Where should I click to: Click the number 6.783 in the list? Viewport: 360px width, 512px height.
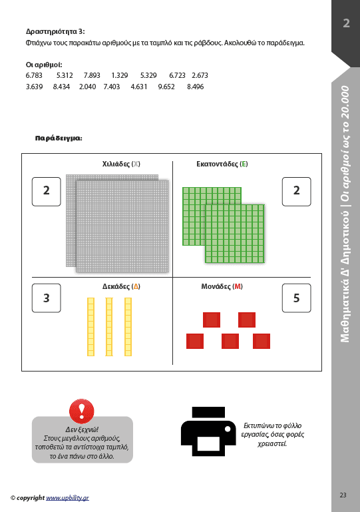[34, 75]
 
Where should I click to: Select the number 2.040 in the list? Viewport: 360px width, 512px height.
[87, 87]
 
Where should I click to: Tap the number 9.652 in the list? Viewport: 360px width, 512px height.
[166, 87]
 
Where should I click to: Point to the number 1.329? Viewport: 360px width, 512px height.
[120, 75]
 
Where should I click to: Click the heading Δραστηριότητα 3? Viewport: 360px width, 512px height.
[55, 31]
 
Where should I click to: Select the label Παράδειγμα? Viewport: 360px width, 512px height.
[59, 138]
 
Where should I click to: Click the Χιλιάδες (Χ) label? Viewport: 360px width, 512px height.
[121, 164]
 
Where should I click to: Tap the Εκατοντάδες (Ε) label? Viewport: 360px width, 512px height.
[222, 164]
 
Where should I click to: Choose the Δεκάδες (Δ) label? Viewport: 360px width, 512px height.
[121, 286]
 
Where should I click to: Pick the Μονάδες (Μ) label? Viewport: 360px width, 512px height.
[222, 286]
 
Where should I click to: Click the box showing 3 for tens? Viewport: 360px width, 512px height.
[47, 298]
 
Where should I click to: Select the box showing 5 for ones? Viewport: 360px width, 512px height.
[296, 298]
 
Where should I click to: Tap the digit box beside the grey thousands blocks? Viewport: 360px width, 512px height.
[47, 192]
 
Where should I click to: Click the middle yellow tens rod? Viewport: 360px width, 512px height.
[109, 326]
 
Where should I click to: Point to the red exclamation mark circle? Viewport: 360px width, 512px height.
[82, 411]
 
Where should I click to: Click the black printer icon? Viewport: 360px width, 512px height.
[208, 431]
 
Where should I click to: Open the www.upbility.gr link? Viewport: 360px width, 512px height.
[67, 498]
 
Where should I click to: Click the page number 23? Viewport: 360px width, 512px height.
[343, 495]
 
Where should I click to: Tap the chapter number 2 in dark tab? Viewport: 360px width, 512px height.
[346, 23]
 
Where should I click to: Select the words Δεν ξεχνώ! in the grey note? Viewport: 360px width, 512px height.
[82, 429]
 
